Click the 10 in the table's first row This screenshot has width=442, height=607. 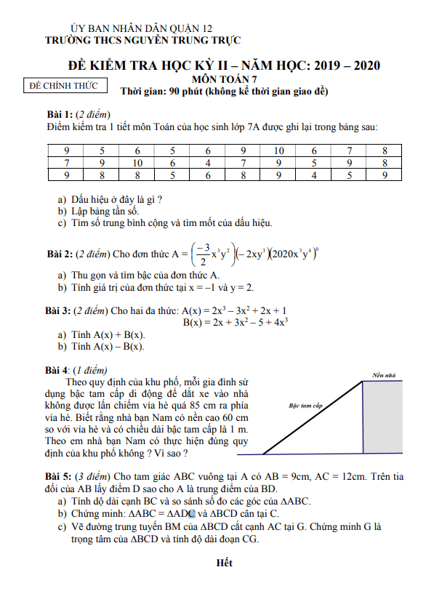(278, 150)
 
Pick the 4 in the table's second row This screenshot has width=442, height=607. (208, 163)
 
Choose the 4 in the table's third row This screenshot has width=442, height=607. (313, 175)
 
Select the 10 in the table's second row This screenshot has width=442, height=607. (137, 163)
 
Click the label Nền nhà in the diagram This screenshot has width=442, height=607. (383, 375)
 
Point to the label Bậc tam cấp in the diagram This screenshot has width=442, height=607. (305, 405)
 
